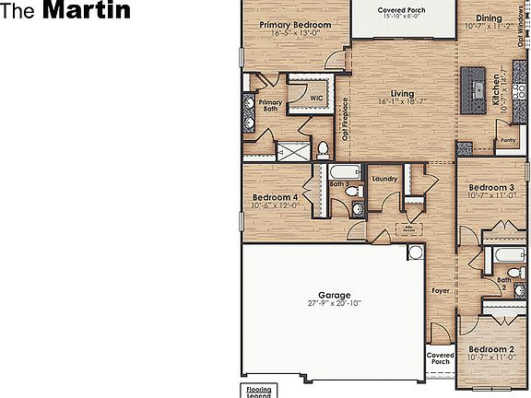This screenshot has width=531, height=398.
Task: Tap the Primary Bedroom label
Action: (x=294, y=25)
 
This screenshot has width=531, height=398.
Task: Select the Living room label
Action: (x=402, y=94)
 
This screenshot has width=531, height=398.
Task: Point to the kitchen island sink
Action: (x=478, y=88)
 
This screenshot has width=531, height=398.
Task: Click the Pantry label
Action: (x=507, y=141)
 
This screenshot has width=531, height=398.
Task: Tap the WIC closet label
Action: (x=316, y=96)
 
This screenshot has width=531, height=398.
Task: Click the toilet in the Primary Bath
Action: (x=323, y=148)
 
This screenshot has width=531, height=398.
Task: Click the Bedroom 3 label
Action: (x=490, y=187)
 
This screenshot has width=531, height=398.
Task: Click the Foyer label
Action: (x=441, y=290)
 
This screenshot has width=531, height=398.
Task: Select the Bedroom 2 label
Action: (x=490, y=350)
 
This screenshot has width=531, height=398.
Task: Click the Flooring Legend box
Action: (x=259, y=391)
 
